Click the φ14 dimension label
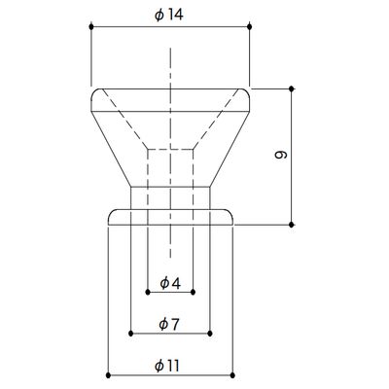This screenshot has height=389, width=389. point(169,15)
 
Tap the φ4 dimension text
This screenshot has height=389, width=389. point(170,283)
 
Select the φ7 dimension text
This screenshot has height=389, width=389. point(169,325)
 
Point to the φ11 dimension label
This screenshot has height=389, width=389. point(167,366)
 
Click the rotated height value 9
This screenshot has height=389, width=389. point(281,155)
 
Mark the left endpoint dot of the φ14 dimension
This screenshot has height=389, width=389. point(91,26)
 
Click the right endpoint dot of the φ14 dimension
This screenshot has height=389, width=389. point(249,26)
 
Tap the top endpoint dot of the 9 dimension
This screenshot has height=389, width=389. point(291,88)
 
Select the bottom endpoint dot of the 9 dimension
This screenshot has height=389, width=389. point(291,225)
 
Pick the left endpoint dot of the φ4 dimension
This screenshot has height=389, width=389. point(148,292)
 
